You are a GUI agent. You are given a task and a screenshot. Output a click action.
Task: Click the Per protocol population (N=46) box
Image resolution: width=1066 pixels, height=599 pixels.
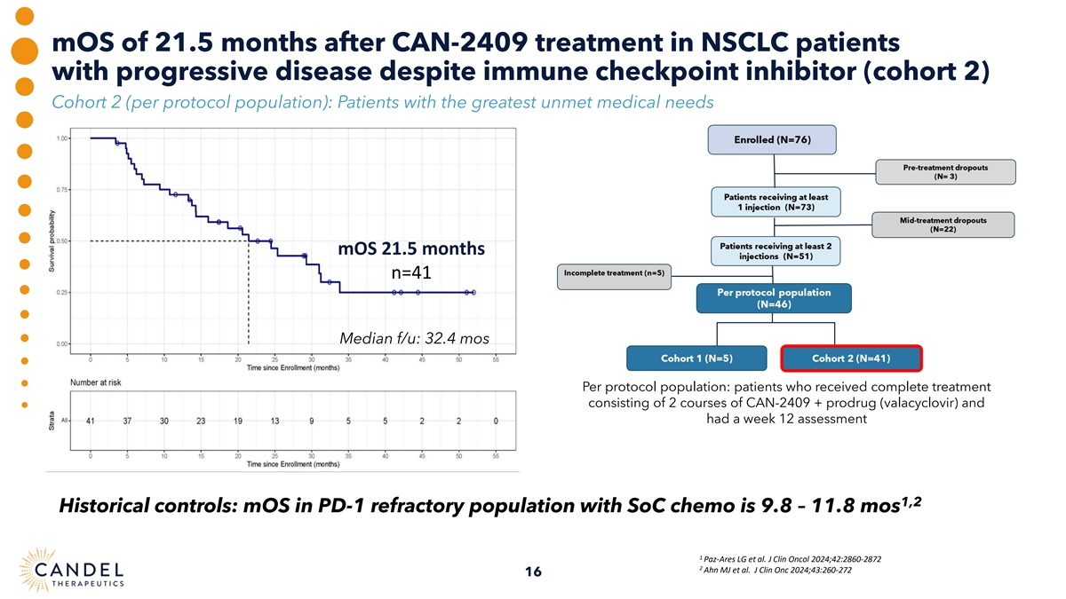click(x=775, y=297)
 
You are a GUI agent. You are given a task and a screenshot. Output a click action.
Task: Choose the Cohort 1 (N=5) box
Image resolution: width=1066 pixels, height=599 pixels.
click(x=696, y=359)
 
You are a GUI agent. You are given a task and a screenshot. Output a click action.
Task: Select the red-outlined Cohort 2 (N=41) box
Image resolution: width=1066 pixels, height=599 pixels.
click(x=852, y=359)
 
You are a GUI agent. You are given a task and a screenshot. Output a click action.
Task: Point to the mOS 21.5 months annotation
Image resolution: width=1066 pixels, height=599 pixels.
click(x=410, y=248)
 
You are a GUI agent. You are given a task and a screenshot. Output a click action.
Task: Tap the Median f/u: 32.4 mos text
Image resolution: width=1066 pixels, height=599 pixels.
click(x=414, y=338)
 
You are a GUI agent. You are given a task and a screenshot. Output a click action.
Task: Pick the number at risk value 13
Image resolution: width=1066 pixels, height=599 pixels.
click(x=274, y=422)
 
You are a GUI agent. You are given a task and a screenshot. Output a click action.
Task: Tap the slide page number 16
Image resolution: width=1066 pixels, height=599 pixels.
click(x=533, y=571)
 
